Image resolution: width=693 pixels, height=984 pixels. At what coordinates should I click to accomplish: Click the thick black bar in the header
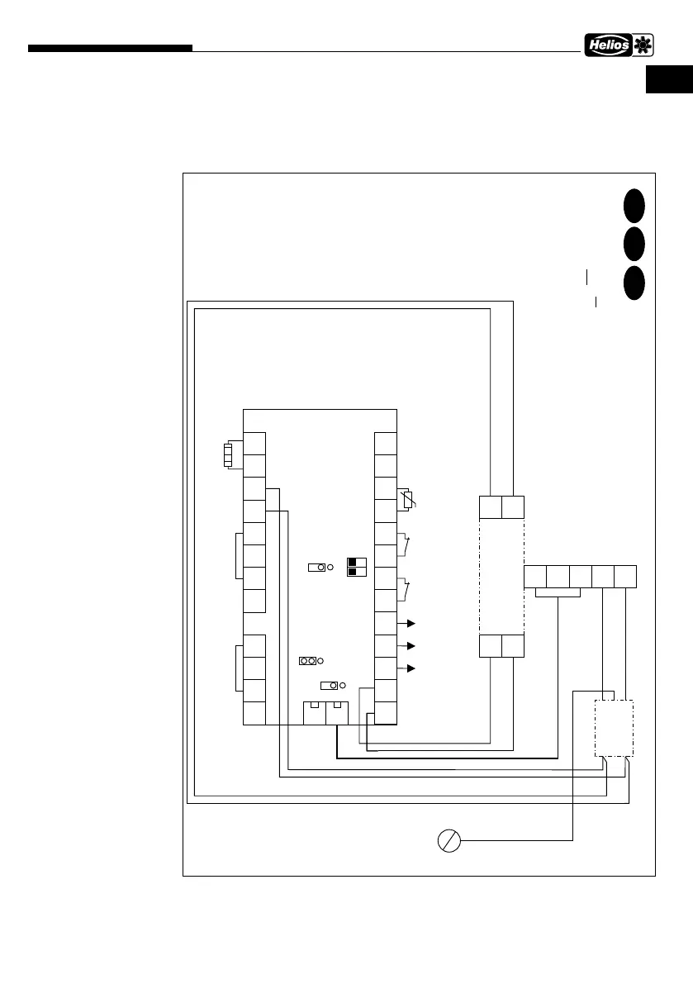[110, 49]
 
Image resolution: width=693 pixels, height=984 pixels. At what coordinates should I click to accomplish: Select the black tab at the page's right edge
[669, 81]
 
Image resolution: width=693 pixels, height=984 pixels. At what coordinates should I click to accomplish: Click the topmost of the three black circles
[634, 205]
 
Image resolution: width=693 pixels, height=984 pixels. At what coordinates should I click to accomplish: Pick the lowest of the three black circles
[634, 283]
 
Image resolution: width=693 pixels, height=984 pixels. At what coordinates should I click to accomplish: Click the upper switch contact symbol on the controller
[404, 545]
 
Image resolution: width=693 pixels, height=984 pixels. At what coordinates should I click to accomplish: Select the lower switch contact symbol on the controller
[404, 590]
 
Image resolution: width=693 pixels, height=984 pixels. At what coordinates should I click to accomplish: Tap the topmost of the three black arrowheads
[410, 623]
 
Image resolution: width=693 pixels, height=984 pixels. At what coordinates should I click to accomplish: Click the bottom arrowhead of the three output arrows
[410, 668]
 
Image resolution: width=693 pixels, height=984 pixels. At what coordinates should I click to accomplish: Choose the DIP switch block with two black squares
[357, 566]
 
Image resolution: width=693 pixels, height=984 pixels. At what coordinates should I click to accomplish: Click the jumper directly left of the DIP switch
[317, 568]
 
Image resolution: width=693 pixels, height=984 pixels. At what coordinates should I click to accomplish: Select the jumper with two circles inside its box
[307, 661]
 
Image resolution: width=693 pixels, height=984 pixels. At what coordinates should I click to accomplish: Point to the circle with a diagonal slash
[449, 841]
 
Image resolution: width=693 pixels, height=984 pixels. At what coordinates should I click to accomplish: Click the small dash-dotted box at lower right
[615, 728]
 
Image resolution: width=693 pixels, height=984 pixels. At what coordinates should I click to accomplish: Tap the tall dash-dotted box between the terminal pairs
[501, 577]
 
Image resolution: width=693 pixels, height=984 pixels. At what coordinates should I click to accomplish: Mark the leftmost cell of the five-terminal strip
[535, 578]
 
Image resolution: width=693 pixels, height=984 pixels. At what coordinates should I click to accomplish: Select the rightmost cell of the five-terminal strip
[625, 578]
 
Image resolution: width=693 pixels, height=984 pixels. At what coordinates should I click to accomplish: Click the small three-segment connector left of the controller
[229, 455]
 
